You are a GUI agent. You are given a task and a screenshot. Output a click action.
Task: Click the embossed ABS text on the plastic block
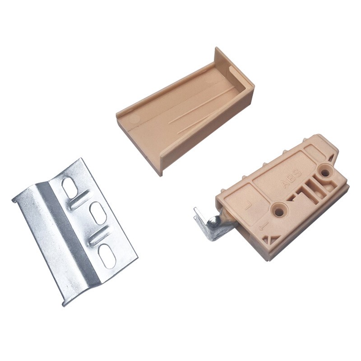point(291,179)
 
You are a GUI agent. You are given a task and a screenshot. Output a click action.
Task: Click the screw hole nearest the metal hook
point(279,210)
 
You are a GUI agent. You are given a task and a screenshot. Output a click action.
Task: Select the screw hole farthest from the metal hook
point(326,171)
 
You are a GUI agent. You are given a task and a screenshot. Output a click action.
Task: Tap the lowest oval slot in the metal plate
point(107,256)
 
